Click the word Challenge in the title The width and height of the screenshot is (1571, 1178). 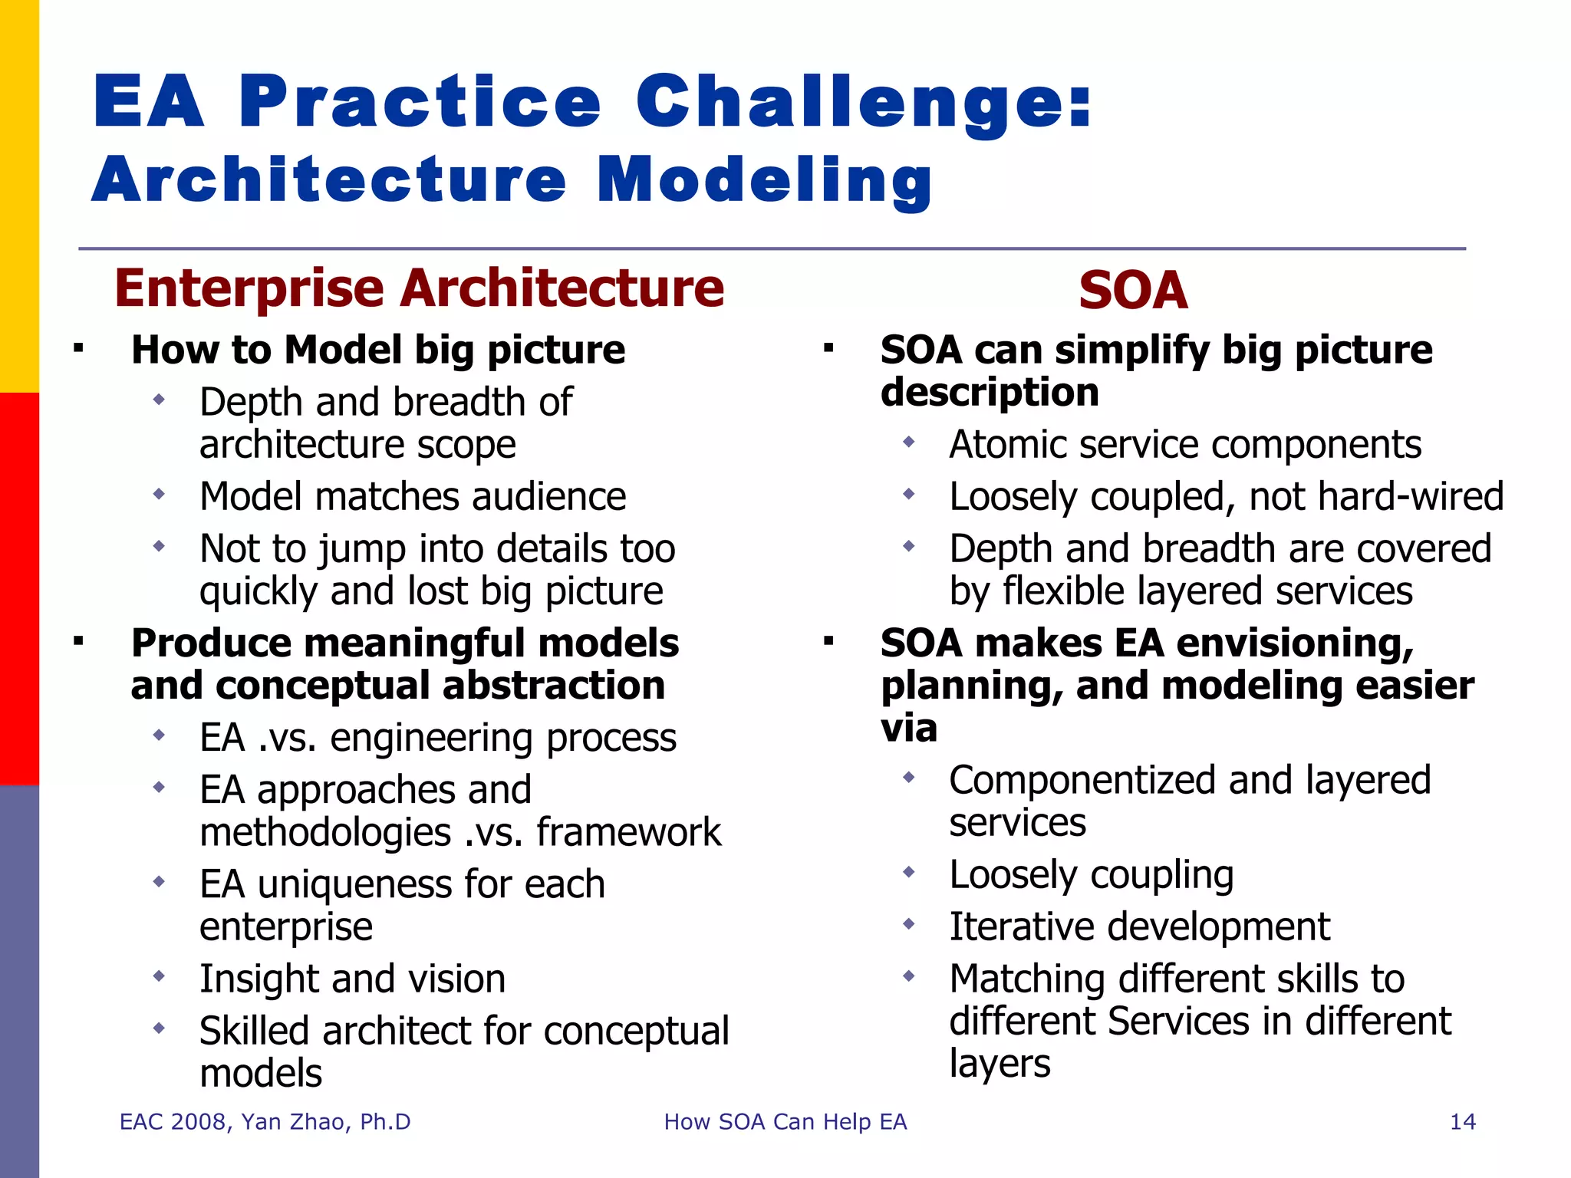pos(863,104)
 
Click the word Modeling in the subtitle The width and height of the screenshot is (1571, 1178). pos(764,181)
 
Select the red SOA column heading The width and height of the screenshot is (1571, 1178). pos(1132,291)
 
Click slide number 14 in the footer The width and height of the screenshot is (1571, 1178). pos(1462,1122)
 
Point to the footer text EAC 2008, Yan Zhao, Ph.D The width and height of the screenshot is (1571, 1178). pos(265,1122)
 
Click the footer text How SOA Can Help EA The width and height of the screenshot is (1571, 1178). pos(785,1122)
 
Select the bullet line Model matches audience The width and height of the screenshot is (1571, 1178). pos(413,497)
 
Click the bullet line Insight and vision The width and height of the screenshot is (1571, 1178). pos(352,979)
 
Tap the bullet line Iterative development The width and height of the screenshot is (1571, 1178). pos(1139,927)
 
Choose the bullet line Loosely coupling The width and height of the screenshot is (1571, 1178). pos(1091,875)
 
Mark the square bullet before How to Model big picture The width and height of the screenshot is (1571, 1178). pos(78,349)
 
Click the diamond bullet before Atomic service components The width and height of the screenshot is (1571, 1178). pos(909,442)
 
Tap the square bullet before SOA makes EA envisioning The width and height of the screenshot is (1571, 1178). pos(828,641)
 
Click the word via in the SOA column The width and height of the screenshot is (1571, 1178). pos(908,728)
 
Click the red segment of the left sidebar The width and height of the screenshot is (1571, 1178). pos(19,589)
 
